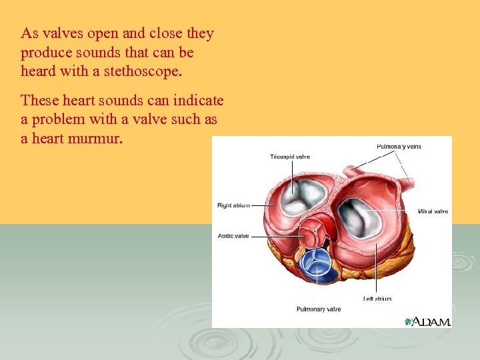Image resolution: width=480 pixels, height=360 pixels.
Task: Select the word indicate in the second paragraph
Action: (x=197, y=101)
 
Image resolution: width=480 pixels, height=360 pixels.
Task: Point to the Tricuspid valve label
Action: (x=289, y=157)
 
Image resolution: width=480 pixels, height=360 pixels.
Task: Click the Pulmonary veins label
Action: (x=399, y=146)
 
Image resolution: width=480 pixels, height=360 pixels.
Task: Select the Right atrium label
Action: (x=233, y=205)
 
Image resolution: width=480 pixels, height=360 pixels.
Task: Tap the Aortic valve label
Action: (x=233, y=235)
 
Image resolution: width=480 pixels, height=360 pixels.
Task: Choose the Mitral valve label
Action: (x=433, y=211)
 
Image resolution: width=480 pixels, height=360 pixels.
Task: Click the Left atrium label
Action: (x=377, y=299)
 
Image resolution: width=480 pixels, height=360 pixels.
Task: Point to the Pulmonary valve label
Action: (x=318, y=309)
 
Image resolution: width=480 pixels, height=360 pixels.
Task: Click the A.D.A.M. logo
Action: (x=431, y=322)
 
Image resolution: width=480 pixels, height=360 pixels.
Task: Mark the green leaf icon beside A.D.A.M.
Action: (x=408, y=322)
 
